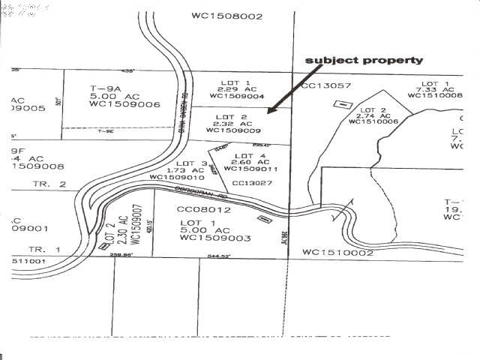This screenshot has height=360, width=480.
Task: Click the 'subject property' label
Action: pyautogui.click(x=363, y=60)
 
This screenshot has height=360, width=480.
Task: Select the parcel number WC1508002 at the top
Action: pyautogui.click(x=227, y=15)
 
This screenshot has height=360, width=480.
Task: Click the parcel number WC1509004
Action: pyautogui.click(x=236, y=96)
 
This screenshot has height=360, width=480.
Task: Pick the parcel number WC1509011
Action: pyautogui.click(x=254, y=169)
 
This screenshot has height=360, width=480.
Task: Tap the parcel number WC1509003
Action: pyautogui.click(x=214, y=238)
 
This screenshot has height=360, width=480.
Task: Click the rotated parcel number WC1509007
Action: pyautogui.click(x=136, y=225)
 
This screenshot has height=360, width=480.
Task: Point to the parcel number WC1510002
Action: pyautogui.click(x=337, y=253)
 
